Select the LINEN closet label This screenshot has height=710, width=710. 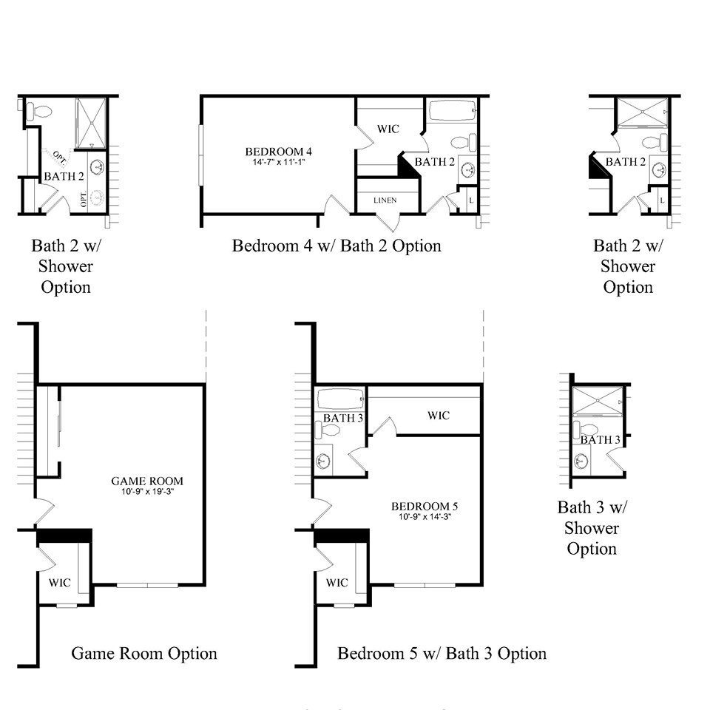[x=385, y=200]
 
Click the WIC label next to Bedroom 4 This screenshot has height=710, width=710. [x=388, y=129]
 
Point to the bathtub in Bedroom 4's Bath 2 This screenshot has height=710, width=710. [x=451, y=111]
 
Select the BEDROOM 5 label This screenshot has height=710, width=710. [x=425, y=507]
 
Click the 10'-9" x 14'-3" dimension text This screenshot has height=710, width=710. [x=425, y=516]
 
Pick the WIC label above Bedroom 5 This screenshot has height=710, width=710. [x=438, y=416]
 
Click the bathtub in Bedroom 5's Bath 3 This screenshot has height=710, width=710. [x=339, y=399]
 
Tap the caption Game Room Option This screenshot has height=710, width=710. [x=144, y=654]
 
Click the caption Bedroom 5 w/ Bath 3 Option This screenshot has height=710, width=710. [x=442, y=654]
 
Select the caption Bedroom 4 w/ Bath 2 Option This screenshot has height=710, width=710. [x=337, y=246]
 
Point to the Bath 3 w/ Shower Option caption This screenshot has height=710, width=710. [x=592, y=528]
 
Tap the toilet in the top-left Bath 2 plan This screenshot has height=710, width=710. [x=38, y=112]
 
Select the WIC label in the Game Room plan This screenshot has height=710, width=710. [x=60, y=583]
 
